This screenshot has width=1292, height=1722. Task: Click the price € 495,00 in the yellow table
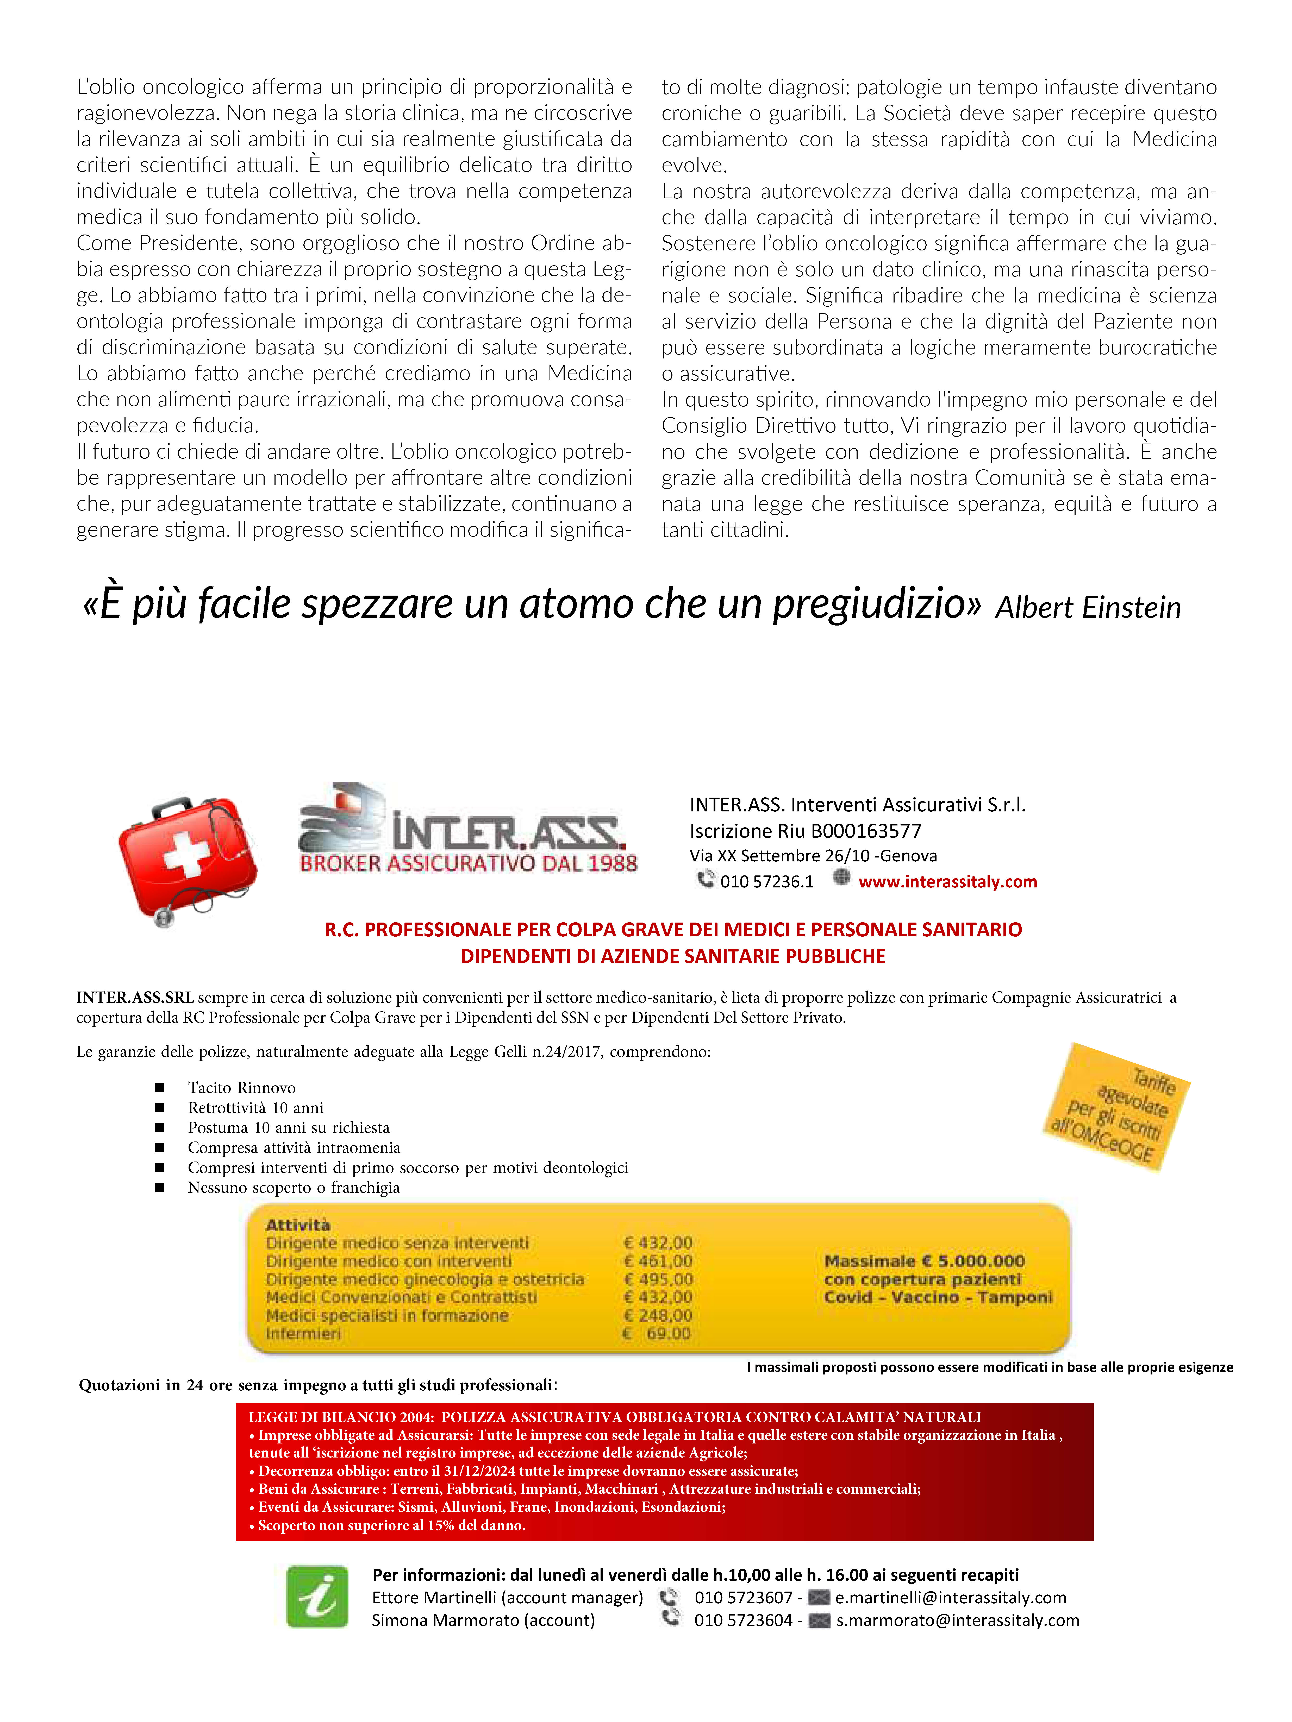pyautogui.click(x=658, y=1279)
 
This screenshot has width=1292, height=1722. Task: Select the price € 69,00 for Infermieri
pyautogui.click(x=658, y=1334)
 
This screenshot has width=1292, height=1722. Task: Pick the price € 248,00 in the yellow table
pyautogui.click(x=658, y=1316)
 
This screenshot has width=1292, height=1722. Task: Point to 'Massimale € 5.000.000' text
pyautogui.click(x=925, y=1261)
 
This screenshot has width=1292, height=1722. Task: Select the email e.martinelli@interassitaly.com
pyautogui.click(x=951, y=1598)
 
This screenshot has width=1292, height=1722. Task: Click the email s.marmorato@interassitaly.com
pyautogui.click(x=958, y=1620)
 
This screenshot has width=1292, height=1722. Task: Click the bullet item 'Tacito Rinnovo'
pyautogui.click(x=241, y=1088)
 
